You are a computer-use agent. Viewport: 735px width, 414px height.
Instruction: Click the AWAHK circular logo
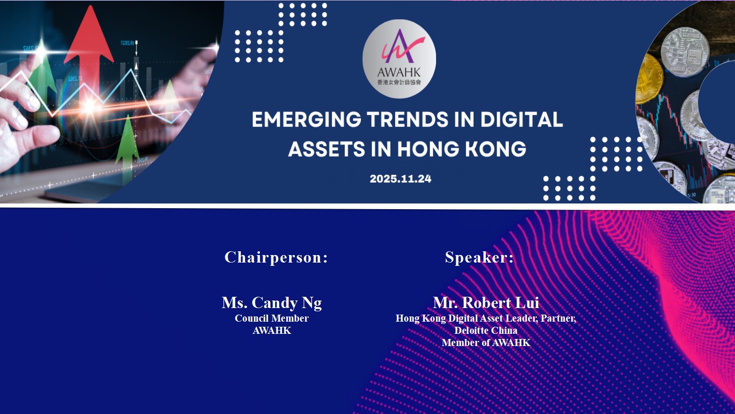point(399,59)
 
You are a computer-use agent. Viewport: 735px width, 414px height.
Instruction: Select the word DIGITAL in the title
point(522,119)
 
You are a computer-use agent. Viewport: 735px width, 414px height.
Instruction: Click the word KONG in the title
point(496,149)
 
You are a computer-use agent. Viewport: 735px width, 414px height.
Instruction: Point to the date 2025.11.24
point(400,179)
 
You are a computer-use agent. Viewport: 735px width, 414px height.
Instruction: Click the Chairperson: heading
point(276,257)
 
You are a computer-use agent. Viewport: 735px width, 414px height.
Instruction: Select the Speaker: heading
point(479,257)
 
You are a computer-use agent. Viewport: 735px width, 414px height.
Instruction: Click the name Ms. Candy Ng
point(272,302)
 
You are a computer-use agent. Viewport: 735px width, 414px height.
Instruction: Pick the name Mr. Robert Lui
point(486,302)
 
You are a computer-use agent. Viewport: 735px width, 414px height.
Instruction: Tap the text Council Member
point(272,318)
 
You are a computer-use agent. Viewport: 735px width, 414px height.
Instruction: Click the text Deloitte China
point(486,331)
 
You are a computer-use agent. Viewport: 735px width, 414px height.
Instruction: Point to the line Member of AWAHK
point(486,343)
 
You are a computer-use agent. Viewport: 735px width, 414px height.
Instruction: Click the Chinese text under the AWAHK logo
point(399,82)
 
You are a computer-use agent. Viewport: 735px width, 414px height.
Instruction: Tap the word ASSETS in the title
point(327,149)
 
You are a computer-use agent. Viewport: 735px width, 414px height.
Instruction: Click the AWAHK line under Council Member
point(272,331)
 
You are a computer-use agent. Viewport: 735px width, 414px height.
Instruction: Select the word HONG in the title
point(428,149)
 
